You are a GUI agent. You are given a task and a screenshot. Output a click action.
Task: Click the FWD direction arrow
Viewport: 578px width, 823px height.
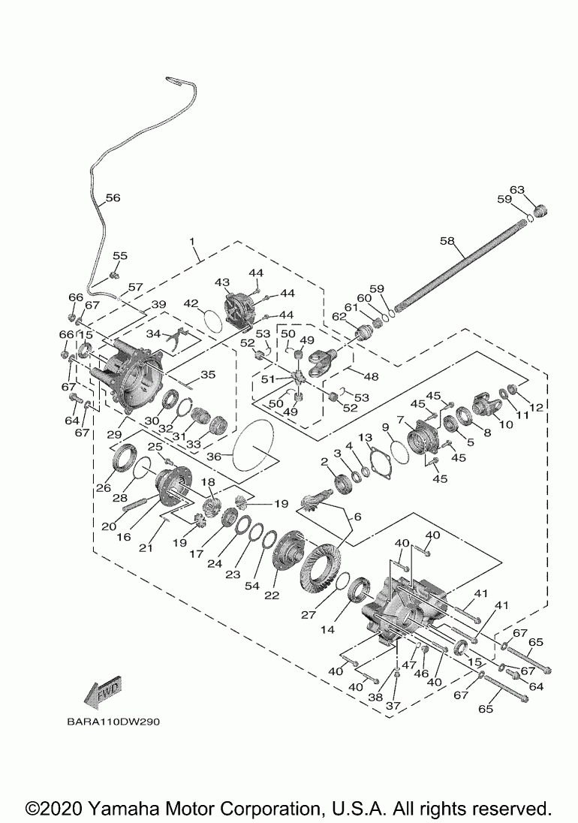tap(104, 693)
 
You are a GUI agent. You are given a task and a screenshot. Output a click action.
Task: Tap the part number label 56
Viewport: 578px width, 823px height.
tap(113, 198)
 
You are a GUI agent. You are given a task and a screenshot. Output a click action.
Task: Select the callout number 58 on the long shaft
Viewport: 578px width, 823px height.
tap(447, 240)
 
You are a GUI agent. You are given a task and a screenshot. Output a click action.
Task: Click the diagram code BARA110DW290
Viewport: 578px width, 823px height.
tap(113, 722)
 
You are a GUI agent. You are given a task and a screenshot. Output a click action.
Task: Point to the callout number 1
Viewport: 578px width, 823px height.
tap(192, 241)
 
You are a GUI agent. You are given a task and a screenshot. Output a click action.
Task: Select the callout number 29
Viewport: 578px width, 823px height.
tap(115, 435)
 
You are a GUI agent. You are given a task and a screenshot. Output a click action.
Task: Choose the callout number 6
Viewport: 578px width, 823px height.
tap(358, 517)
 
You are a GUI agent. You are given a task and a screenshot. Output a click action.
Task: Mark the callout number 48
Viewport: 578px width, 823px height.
tap(371, 376)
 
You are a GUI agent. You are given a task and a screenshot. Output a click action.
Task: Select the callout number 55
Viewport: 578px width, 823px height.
tap(120, 255)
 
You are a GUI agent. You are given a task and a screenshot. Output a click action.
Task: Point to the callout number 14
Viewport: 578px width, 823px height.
tap(328, 629)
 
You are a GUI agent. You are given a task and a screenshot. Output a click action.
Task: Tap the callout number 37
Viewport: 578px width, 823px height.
tap(393, 706)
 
